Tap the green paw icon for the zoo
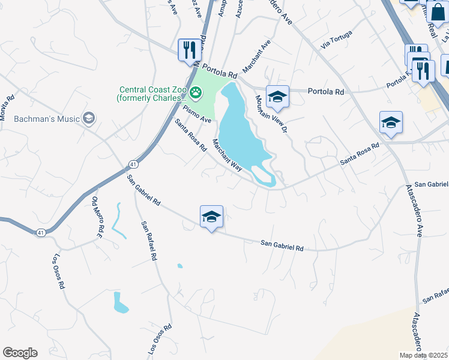pos(196,93)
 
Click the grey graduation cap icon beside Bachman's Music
pos(89,118)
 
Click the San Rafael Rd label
pos(149,241)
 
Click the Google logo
pos(20,353)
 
